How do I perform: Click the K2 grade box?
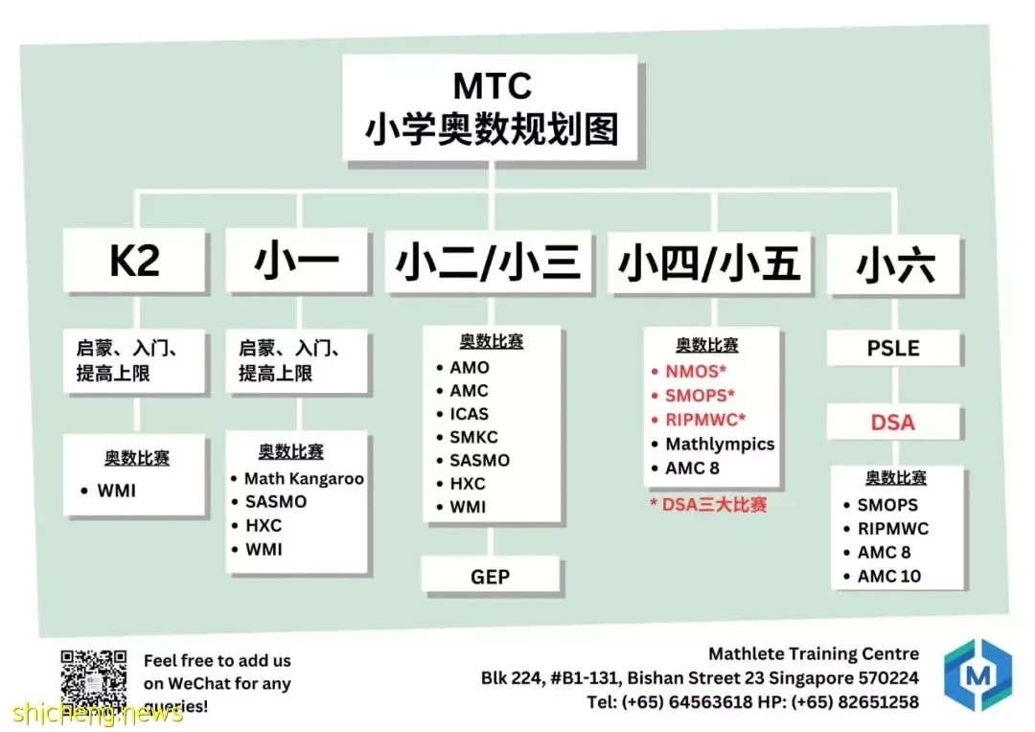pos(135,260)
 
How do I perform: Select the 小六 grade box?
pos(894,264)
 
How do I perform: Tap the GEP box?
pos(491,576)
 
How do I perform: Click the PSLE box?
pos(893,348)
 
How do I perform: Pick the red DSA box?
pos(893,422)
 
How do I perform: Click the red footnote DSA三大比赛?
pos(708,505)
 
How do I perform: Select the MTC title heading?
pos(492,86)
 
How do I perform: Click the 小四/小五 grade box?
pos(709,262)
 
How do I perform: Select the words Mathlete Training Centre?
pos(814,654)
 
